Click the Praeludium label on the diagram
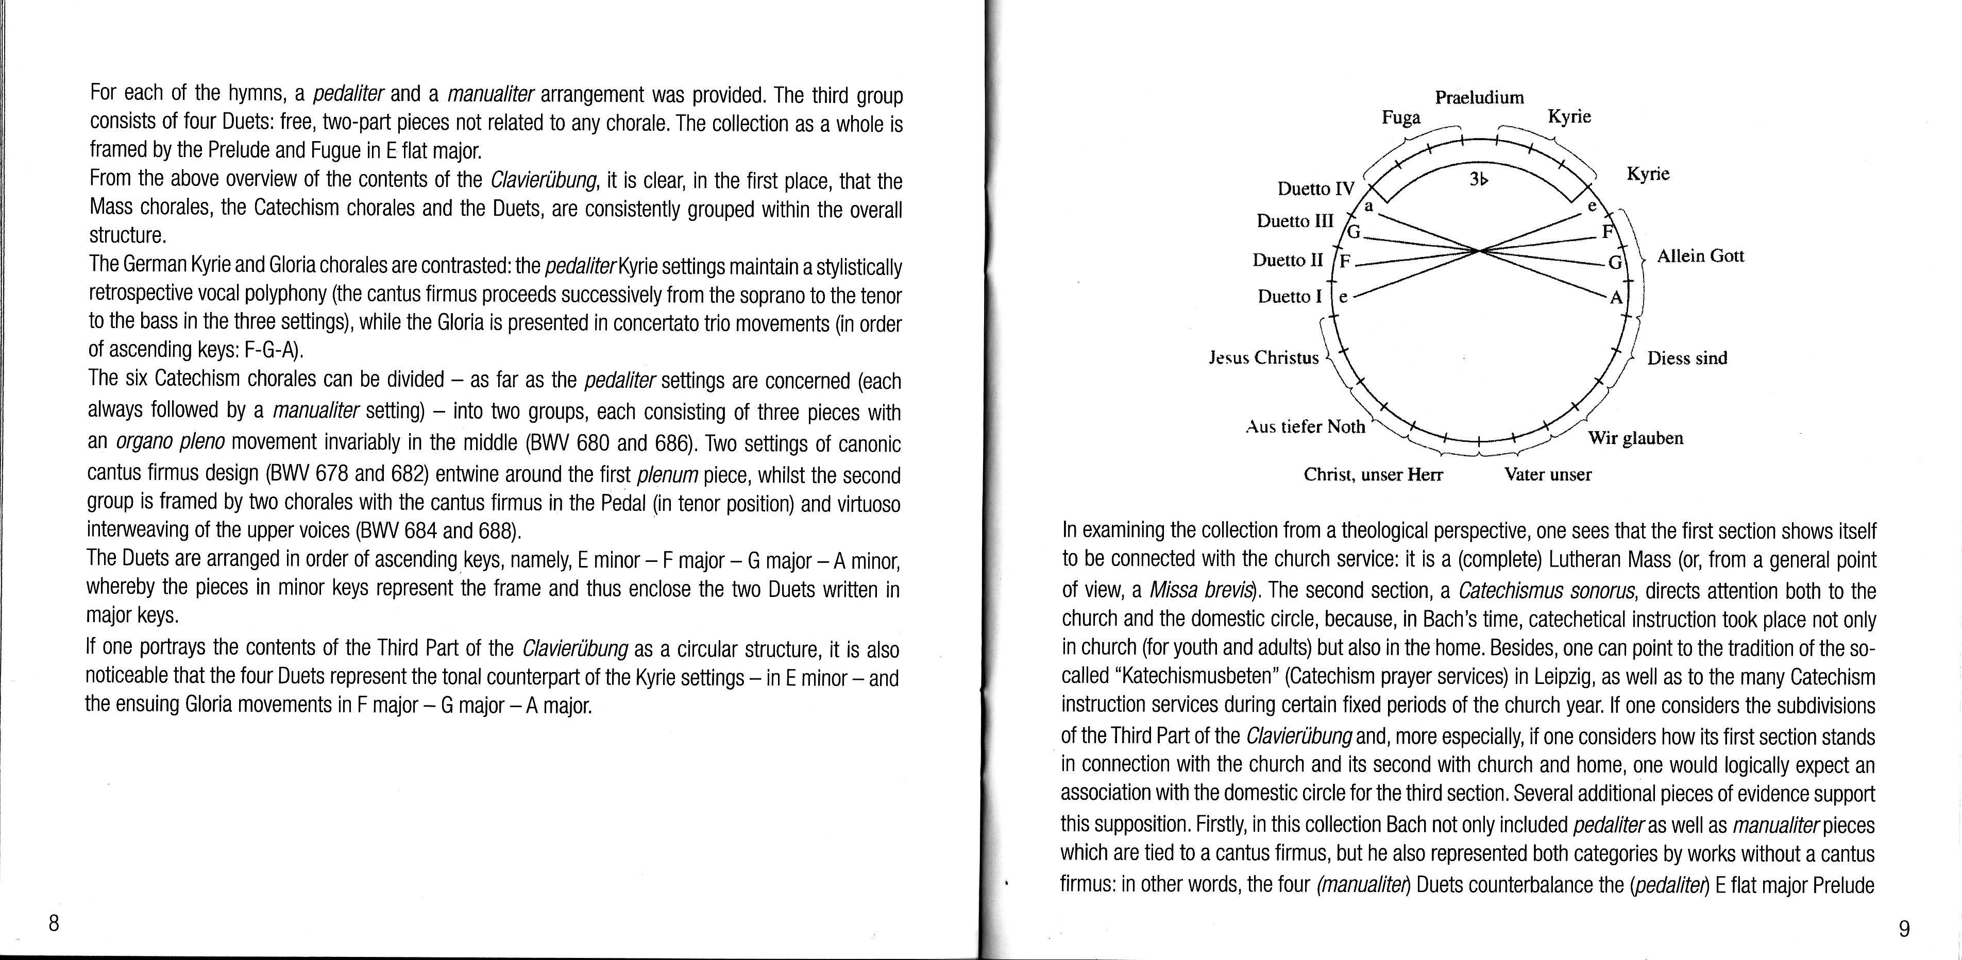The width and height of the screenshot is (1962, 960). click(x=1479, y=97)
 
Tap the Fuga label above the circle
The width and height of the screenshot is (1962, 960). click(x=1401, y=118)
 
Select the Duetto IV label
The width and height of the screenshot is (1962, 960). click(x=1316, y=188)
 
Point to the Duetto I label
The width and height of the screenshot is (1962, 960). click(x=1290, y=296)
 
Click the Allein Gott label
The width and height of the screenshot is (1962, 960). click(x=1700, y=256)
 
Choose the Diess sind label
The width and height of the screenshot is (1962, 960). click(x=1687, y=358)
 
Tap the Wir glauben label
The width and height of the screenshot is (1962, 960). click(x=1635, y=438)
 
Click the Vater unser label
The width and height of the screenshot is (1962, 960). click(x=1548, y=474)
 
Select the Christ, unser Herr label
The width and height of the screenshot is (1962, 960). click(x=1373, y=474)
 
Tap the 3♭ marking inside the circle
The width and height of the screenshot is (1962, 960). click(x=1478, y=180)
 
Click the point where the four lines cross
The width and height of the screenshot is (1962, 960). click(x=1478, y=250)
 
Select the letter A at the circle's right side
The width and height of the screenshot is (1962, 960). click(x=1615, y=298)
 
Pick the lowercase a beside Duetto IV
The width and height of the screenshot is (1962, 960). click(x=1368, y=205)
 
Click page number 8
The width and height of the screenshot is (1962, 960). click(x=53, y=923)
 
